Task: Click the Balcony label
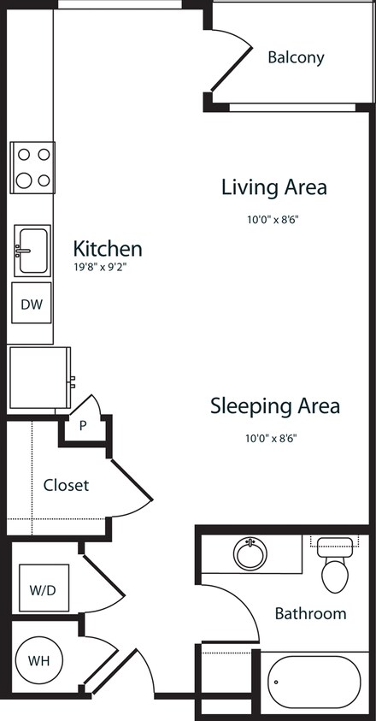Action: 296,58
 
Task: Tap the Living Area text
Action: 273,186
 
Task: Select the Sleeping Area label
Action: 274,406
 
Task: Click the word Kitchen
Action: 108,249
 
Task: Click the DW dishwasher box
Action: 32,304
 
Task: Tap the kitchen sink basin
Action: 32,250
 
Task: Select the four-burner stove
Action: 32,168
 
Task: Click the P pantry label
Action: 84,425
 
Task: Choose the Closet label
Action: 66,485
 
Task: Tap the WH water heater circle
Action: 38,661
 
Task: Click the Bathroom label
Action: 310,613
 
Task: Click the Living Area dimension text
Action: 273,219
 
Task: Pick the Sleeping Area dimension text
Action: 274,438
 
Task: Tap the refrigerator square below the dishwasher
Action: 39,377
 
